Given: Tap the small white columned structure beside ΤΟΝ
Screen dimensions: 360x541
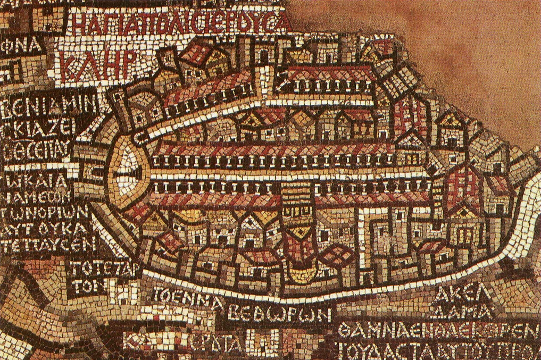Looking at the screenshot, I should point(123,290).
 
